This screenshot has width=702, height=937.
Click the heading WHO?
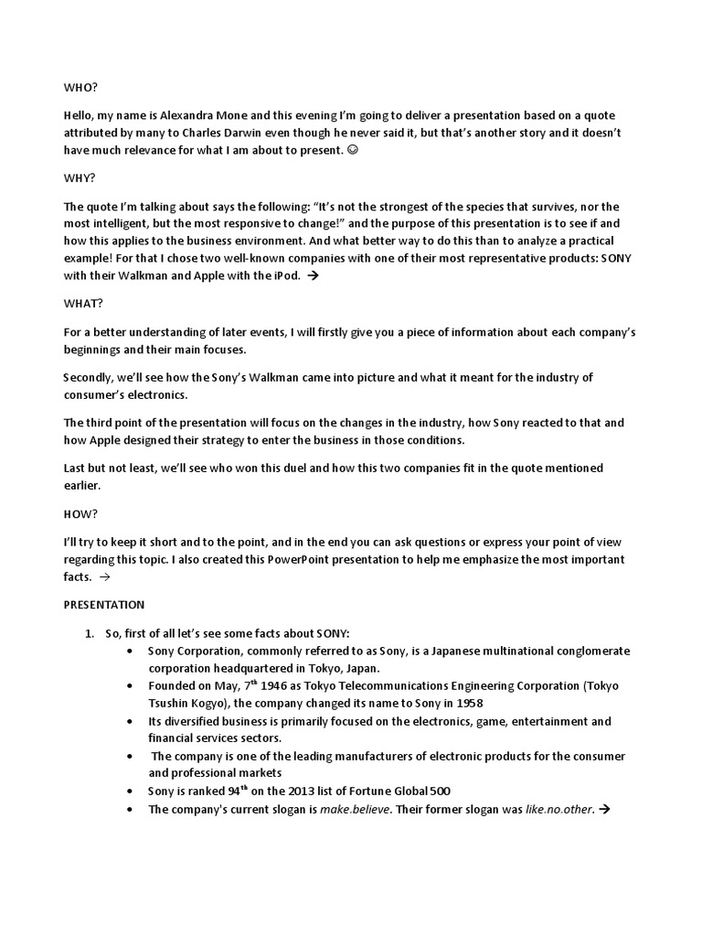pos(80,87)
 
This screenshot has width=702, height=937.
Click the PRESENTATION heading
pos(103,605)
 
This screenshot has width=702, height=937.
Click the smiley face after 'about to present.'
pos(354,149)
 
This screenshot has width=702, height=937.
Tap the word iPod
pos(283,275)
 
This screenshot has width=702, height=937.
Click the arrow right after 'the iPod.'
pos(313,275)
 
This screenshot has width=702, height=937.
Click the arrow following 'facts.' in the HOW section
pos(103,577)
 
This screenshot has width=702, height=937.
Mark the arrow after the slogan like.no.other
pos(603,810)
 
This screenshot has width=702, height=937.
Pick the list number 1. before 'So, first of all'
pos(90,633)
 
